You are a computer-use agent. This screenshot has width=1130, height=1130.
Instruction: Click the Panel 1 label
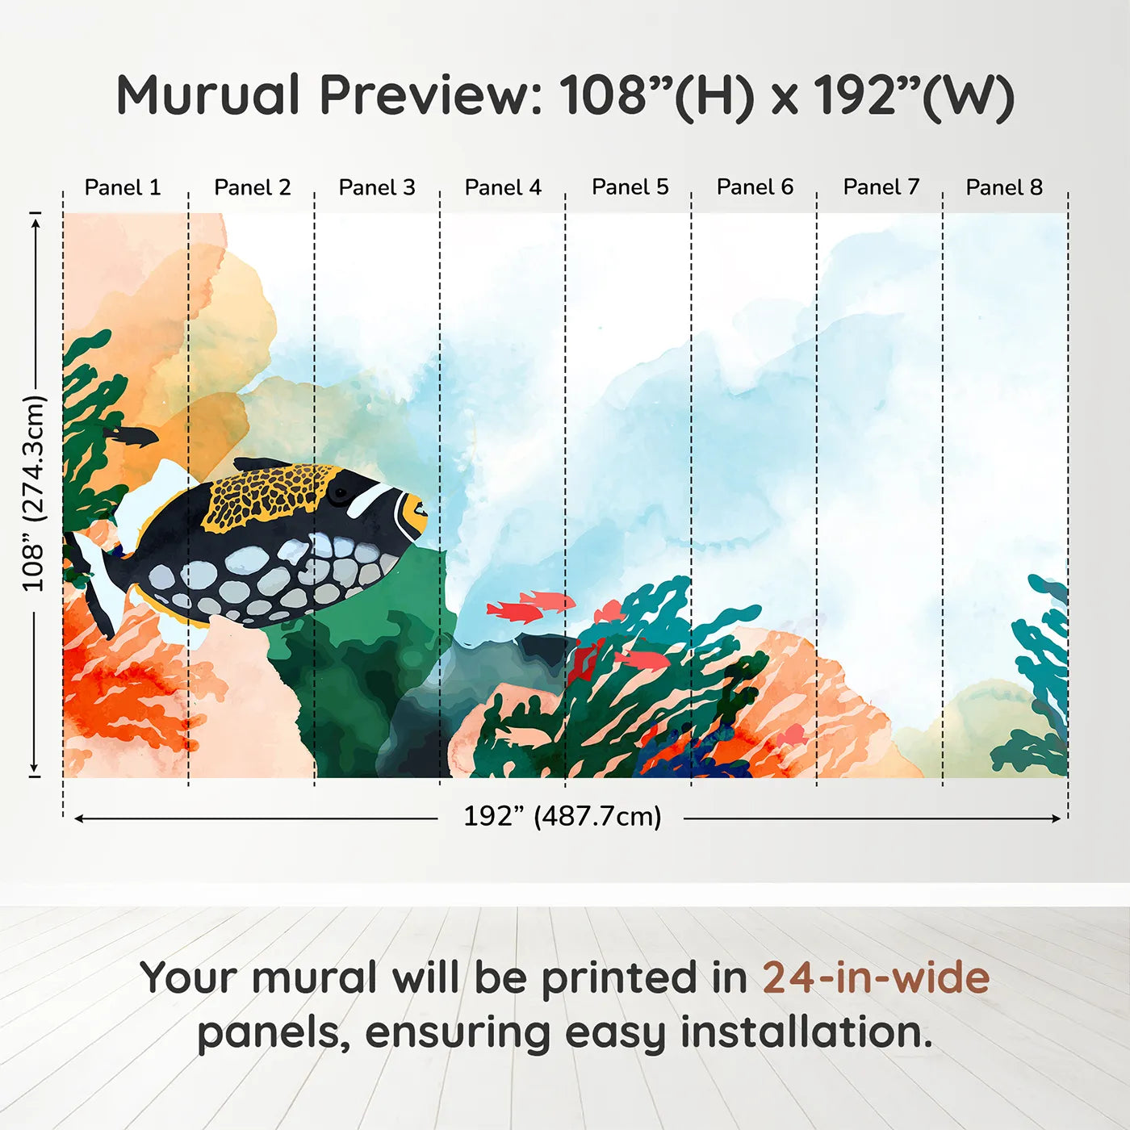pos(123,187)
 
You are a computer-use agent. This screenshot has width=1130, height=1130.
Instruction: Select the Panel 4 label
pos(503,187)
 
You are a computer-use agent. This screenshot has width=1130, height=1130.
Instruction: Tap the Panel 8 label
pos(1004,187)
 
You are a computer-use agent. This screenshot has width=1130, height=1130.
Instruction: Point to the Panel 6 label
pos(755,187)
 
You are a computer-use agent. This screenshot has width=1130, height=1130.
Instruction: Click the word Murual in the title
pos(208,95)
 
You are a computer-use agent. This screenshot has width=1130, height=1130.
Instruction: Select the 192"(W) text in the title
pos(913,95)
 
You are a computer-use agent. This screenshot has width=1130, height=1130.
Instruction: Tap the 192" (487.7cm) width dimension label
pos(562,816)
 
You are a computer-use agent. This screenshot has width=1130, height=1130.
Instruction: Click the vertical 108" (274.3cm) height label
pos(33,493)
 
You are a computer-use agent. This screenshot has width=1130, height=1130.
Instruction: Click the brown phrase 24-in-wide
pos(876,977)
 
